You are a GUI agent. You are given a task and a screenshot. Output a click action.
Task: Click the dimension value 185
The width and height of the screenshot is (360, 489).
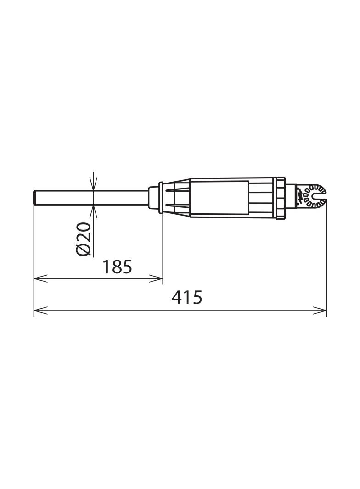(x=118, y=267)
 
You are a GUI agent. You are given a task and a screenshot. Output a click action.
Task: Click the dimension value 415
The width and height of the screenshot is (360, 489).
(x=187, y=297)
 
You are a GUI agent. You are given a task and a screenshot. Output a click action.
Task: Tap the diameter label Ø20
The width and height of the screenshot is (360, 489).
(x=84, y=239)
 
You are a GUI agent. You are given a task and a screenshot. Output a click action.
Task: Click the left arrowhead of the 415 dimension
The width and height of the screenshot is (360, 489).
(x=40, y=310)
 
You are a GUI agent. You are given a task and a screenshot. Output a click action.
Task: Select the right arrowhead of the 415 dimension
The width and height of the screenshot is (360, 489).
(x=320, y=310)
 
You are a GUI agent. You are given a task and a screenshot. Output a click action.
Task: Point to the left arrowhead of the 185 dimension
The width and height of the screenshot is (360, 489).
(x=40, y=278)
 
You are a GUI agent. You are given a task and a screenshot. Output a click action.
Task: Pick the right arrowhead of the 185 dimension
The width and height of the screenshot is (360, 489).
(x=156, y=278)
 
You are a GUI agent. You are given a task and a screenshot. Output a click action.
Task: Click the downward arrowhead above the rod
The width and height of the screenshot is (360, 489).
(x=93, y=184)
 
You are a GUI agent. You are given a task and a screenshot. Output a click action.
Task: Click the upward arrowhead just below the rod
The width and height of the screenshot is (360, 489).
(x=93, y=212)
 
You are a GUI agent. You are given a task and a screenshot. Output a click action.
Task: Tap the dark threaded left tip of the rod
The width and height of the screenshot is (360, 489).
(x=35, y=198)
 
